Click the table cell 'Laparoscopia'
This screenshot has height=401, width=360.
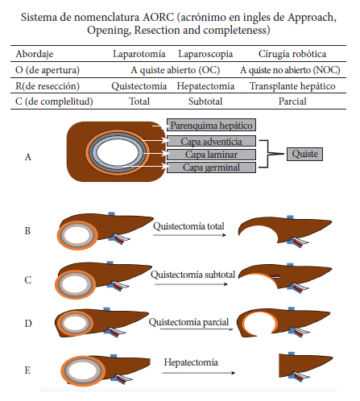(x=205, y=54)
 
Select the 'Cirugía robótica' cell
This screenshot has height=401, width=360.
(x=292, y=54)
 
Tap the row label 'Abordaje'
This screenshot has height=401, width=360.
(x=35, y=54)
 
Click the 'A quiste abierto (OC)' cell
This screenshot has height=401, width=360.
(x=176, y=70)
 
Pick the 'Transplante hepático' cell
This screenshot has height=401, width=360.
(x=292, y=86)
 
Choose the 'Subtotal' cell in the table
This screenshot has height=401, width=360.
(x=205, y=101)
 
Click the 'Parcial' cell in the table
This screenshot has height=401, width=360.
(x=292, y=101)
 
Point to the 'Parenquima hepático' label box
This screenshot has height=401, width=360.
(x=211, y=125)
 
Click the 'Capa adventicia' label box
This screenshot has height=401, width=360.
(x=211, y=141)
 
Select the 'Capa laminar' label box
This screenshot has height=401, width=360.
(x=211, y=155)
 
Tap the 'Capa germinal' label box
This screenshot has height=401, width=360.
(x=211, y=167)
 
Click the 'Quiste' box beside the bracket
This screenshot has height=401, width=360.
(x=304, y=154)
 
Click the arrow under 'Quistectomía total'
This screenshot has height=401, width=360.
(x=189, y=235)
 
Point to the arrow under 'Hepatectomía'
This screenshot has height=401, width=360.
(x=199, y=373)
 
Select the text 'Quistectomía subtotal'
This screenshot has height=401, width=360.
(x=192, y=275)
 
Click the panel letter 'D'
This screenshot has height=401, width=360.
(x=28, y=324)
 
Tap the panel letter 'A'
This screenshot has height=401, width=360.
(x=28, y=157)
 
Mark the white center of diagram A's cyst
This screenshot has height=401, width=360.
(x=117, y=152)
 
